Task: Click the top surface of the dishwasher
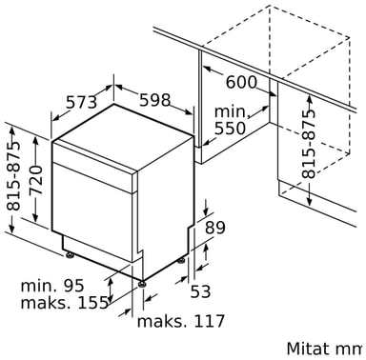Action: [124, 138]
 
